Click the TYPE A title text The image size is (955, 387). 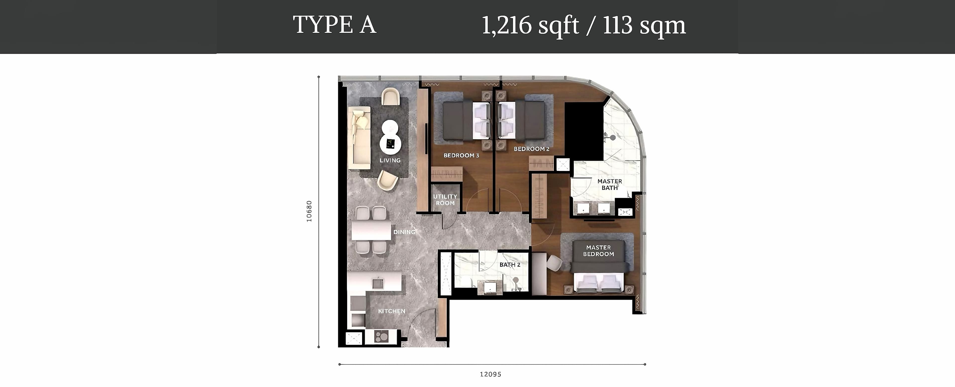[334, 25]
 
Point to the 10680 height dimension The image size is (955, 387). [309, 211]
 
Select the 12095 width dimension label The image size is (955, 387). [490, 374]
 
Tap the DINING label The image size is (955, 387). [404, 232]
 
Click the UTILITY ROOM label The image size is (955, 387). [445, 200]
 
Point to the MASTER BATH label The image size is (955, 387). [610, 185]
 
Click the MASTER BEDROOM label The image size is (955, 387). [599, 251]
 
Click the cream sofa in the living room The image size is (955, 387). [100, 138]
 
